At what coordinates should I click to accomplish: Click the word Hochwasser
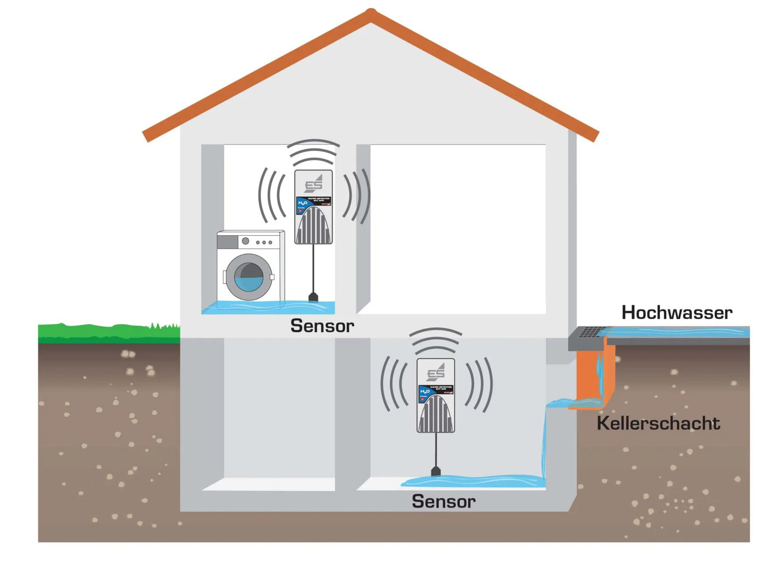(677, 312)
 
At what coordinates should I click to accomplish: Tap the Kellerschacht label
(658, 423)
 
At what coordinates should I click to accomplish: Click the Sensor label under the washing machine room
(322, 326)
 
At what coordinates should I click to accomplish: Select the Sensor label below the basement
(443, 502)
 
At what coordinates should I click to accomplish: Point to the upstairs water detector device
(313, 207)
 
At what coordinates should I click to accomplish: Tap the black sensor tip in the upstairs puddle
(314, 297)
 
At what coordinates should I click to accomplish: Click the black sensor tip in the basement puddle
(436, 472)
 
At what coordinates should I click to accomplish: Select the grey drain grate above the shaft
(591, 332)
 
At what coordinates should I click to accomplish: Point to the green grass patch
(108, 332)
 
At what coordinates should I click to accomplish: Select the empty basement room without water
(279, 410)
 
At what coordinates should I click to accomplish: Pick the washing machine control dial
(246, 242)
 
